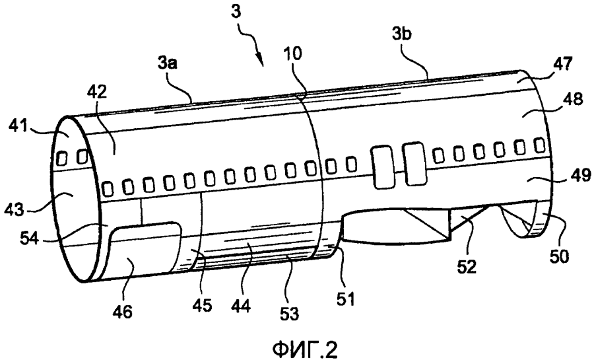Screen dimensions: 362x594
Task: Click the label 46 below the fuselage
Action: click(123, 308)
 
